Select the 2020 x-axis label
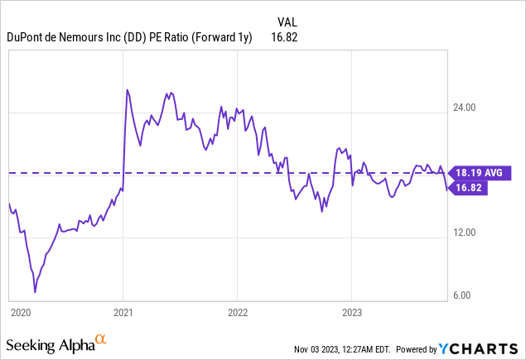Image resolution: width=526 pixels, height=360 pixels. click(x=20, y=313)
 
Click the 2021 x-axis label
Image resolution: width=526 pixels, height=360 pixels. click(x=123, y=313)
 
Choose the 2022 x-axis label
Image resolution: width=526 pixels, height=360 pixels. click(x=237, y=313)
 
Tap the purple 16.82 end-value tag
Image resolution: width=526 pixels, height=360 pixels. click(x=470, y=188)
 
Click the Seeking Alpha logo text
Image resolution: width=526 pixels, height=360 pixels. click(x=49, y=343)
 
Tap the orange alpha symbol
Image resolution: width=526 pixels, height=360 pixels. click(x=101, y=339)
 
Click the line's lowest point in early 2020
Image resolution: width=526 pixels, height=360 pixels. click(x=35, y=292)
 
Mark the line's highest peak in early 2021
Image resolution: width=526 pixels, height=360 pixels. click(x=126, y=89)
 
